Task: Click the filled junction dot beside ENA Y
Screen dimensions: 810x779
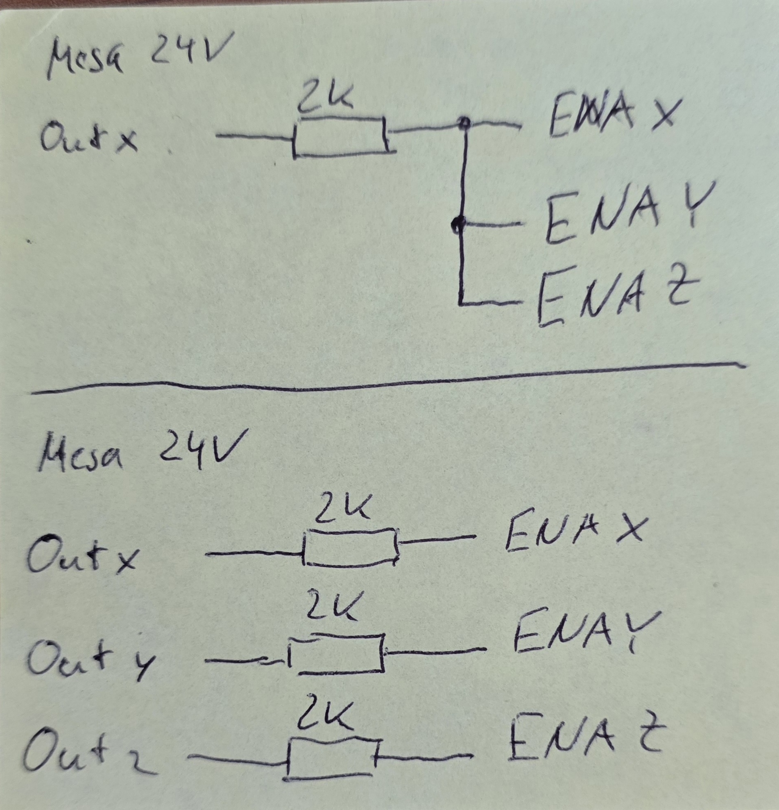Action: pos(458,224)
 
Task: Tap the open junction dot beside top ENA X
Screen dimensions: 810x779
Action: pos(464,123)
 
